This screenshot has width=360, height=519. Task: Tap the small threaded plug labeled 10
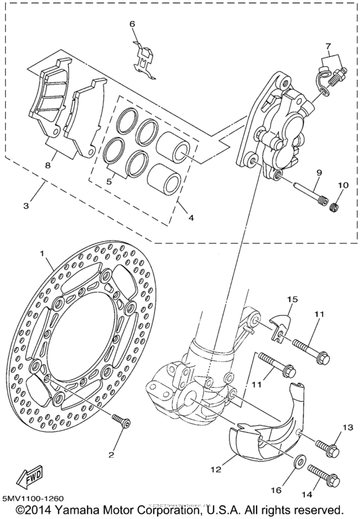[334, 206]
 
